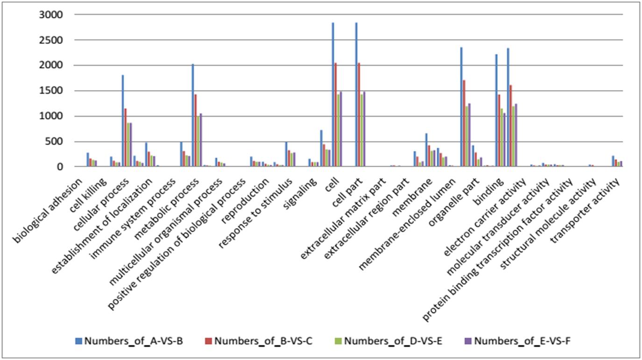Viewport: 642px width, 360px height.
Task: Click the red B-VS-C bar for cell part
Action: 359,115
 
